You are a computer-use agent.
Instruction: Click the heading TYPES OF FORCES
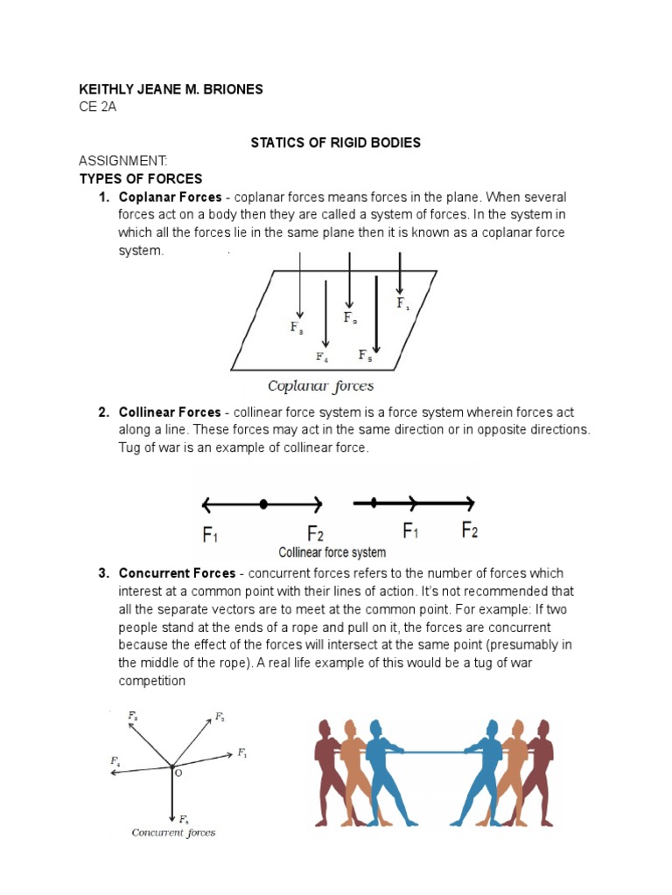(x=141, y=179)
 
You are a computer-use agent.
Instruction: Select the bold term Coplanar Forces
(x=170, y=197)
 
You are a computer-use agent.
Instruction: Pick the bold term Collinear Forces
(x=170, y=412)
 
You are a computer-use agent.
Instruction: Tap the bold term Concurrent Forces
(x=177, y=573)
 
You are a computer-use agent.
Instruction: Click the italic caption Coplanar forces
(x=320, y=385)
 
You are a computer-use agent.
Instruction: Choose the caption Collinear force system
(x=332, y=552)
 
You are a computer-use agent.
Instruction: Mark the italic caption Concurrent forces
(x=173, y=832)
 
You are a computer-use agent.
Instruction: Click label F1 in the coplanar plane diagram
(x=402, y=304)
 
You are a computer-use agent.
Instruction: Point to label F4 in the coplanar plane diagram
(x=322, y=357)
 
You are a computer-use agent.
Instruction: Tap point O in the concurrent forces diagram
(x=178, y=774)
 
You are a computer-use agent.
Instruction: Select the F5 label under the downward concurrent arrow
(x=184, y=819)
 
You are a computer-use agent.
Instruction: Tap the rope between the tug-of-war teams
(x=433, y=750)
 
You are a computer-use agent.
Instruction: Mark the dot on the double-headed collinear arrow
(x=263, y=504)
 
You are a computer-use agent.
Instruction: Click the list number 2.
(x=103, y=412)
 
